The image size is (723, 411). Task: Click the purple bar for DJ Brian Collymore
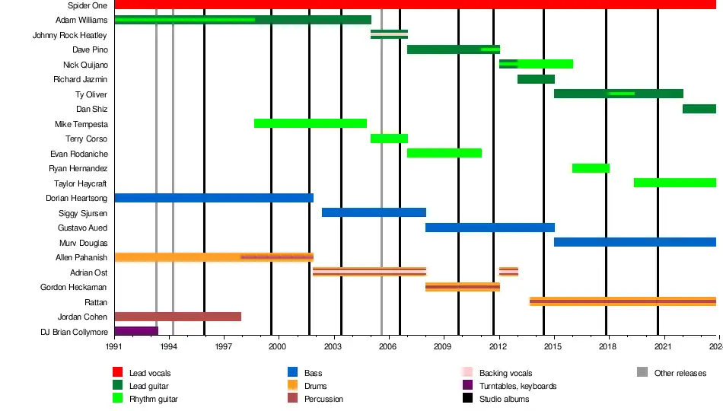coord(136,331)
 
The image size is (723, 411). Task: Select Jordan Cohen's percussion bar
coord(177,317)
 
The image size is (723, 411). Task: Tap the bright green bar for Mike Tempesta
coord(311,123)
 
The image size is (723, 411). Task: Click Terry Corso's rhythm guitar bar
coord(389,139)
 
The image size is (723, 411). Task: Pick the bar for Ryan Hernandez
coord(591,168)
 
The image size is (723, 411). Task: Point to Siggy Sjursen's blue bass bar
coord(374,212)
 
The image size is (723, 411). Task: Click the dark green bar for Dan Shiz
coord(699,109)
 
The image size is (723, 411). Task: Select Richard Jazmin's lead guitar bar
coord(536,79)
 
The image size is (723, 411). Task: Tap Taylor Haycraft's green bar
coord(674,183)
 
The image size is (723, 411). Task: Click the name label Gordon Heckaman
coord(74,287)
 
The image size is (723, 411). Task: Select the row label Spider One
coord(88,5)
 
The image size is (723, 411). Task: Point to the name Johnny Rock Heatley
coord(70,35)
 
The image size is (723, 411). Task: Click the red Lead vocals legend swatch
coord(118,372)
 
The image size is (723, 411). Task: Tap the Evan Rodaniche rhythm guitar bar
coord(444,153)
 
